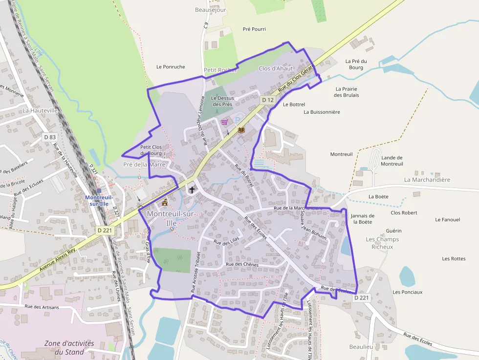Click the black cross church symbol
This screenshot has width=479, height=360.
192,190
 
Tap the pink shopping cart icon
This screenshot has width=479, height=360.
224,122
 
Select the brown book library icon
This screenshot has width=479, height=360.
241,129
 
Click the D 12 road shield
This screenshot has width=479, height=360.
267,100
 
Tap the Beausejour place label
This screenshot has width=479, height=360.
210,10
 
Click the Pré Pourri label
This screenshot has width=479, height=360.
254,29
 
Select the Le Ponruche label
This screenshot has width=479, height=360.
171,67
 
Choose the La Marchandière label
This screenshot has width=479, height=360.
427,180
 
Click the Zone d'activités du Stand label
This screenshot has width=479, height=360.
69,347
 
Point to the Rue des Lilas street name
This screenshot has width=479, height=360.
225,242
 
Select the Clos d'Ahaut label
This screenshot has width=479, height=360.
276,68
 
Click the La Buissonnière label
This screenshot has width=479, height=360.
321,112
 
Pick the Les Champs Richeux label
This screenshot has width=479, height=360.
382,243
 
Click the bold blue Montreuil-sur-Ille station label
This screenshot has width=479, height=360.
99,200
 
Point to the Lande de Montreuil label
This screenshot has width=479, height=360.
392,161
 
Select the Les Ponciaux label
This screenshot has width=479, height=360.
407,292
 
